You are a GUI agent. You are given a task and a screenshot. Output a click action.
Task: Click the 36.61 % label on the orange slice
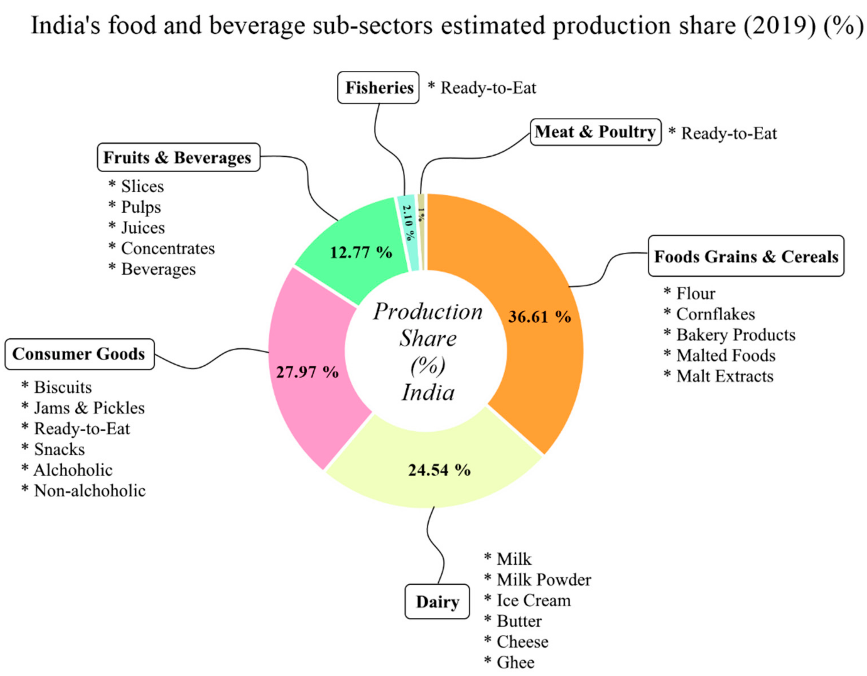(539, 317)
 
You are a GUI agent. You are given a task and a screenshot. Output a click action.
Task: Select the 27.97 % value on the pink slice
(307, 372)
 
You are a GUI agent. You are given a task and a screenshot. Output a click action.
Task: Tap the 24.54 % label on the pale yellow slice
(439, 470)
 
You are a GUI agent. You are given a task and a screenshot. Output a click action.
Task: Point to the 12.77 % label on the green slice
(361, 253)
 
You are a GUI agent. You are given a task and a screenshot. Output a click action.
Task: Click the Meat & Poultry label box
(595, 132)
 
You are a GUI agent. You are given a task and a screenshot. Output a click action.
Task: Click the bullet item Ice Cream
(533, 600)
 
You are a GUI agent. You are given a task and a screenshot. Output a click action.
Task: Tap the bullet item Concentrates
(168, 249)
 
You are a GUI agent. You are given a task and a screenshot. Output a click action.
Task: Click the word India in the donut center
(428, 393)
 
